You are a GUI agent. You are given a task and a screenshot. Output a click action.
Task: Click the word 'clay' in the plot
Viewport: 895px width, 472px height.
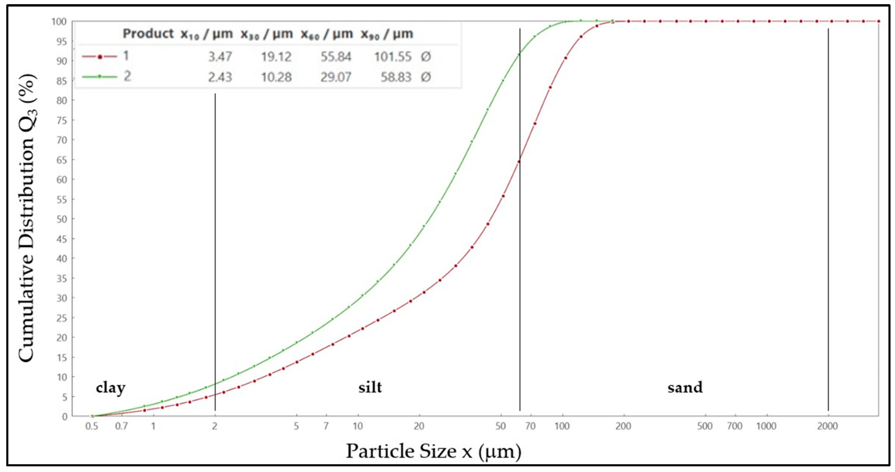[x=110, y=388]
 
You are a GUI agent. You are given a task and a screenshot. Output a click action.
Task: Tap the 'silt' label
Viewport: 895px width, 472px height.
[x=370, y=387]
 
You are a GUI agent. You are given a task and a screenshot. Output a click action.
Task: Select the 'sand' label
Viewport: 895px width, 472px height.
[x=685, y=387]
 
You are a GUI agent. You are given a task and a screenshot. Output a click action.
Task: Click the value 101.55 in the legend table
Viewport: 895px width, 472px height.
[x=393, y=57]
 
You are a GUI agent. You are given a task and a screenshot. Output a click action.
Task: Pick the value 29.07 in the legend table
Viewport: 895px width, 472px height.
[x=336, y=77]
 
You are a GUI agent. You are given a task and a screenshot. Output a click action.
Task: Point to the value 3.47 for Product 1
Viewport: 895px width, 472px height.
[x=220, y=57]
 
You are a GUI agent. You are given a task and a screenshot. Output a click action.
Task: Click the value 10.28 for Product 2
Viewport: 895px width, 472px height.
[x=276, y=77]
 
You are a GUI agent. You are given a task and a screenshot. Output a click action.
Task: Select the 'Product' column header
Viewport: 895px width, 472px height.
[x=148, y=34]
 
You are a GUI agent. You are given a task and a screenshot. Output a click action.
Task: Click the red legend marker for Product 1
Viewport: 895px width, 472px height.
[x=100, y=57]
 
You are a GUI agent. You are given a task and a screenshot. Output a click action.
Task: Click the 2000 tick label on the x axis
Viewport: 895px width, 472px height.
[x=827, y=426]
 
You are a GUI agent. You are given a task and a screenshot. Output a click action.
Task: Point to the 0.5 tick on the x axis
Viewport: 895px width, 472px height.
[x=92, y=426]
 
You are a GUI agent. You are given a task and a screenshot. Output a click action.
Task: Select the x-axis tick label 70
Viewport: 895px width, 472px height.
[x=530, y=426]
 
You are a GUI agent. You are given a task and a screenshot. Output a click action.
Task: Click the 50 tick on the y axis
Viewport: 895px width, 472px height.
[x=61, y=219]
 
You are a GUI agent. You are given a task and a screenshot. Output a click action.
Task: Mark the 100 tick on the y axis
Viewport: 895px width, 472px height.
[x=59, y=21]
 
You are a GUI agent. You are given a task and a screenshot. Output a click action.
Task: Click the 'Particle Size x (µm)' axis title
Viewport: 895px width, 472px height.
[x=433, y=451]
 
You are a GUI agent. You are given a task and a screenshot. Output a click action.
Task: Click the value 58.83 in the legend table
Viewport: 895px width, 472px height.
[x=396, y=77]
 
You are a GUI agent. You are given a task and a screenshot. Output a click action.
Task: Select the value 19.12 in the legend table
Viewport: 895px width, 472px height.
[x=276, y=57]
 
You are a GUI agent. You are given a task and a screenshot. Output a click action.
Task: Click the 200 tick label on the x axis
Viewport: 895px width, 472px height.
[x=623, y=426]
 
